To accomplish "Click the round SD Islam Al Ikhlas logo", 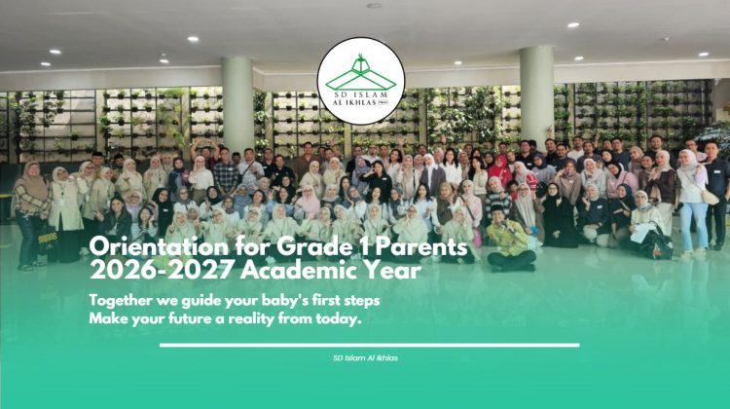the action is click(361, 81).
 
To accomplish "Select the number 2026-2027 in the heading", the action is click(161, 270).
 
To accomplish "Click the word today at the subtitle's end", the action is click(339, 319).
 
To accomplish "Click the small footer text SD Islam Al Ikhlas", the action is click(365, 358).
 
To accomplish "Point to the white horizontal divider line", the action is click(370, 345).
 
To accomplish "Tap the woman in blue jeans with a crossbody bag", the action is click(694, 201).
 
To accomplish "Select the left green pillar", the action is click(237, 105).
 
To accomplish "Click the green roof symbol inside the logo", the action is click(361, 74).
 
